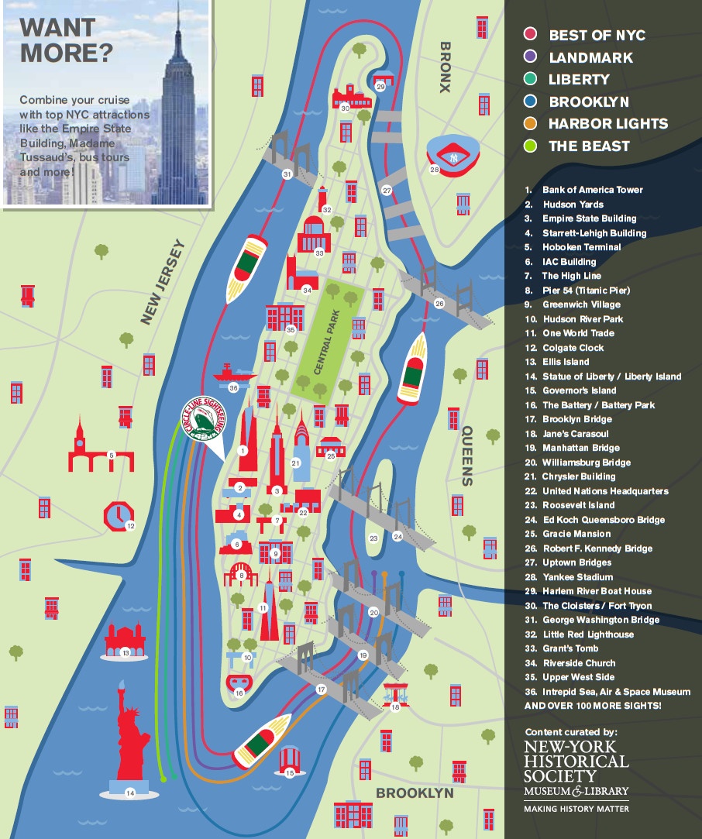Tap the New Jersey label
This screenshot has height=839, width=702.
pos(163,283)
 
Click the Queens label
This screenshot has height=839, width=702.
pos(467,457)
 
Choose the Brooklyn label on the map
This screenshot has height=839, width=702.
pos(414,793)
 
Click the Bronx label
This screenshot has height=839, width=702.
pos(444,67)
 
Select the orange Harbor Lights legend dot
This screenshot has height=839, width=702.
pos(531,123)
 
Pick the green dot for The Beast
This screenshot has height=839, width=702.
pos(531,146)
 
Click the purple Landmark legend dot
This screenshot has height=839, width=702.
pos(531,57)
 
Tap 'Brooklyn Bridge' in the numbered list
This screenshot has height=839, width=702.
pos(577,419)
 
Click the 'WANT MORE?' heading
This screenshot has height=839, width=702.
pos(66,40)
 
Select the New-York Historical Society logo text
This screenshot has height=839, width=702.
pos(576,767)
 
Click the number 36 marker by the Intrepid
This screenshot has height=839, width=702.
pos(234,387)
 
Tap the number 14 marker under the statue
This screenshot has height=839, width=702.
pos(129,793)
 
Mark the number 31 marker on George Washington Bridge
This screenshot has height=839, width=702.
pos(287,174)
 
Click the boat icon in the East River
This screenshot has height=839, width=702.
pos(412,369)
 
